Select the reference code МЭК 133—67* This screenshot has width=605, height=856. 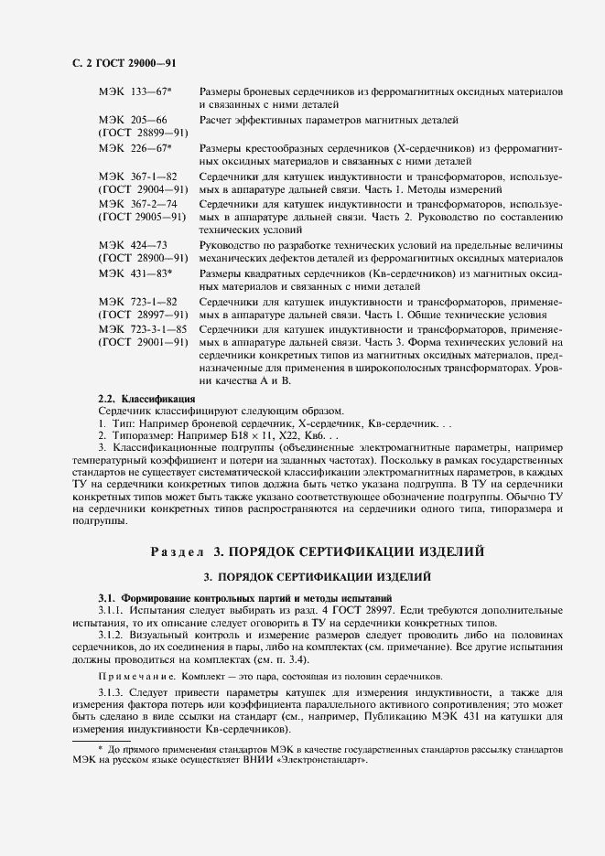point(135,94)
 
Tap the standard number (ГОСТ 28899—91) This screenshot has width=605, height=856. point(143,134)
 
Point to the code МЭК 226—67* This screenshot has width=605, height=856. point(135,148)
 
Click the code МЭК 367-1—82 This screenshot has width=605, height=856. point(137,176)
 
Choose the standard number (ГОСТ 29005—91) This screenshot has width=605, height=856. point(143,218)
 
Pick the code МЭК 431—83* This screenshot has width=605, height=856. point(135,273)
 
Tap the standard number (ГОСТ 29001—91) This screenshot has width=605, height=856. point(143,342)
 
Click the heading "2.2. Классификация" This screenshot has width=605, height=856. point(146,399)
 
